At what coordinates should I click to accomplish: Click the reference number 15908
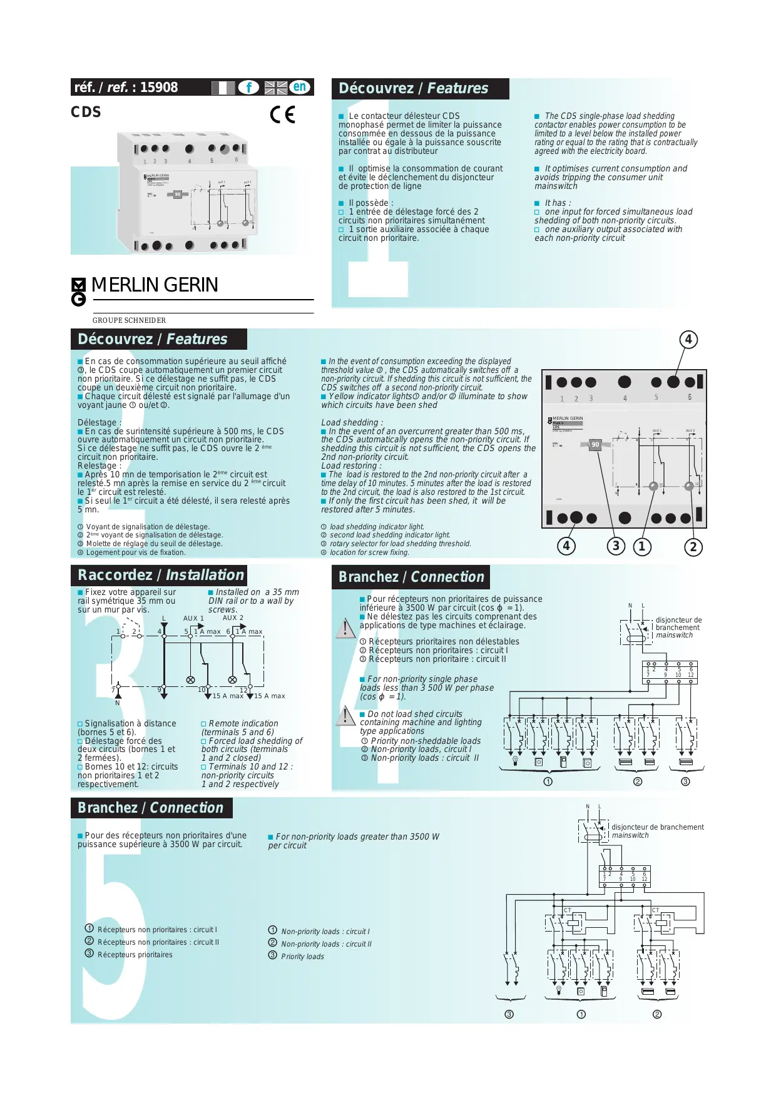(x=159, y=88)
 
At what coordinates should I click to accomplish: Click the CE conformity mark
(x=282, y=114)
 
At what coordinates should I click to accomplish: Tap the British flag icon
(x=275, y=88)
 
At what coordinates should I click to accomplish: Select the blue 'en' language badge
(x=300, y=87)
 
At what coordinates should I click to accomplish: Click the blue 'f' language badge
(x=248, y=88)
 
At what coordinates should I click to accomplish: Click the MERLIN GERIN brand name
(x=155, y=285)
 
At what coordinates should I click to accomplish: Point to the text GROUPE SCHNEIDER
(x=130, y=320)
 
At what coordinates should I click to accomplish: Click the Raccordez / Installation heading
(x=160, y=575)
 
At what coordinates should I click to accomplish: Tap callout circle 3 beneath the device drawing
(x=616, y=546)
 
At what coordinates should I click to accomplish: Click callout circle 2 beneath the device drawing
(x=693, y=547)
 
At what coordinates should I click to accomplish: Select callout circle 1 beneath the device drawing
(x=641, y=546)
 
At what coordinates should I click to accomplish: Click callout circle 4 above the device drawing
(x=688, y=340)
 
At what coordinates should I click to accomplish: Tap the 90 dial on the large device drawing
(x=595, y=445)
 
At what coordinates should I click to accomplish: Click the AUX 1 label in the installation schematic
(x=193, y=618)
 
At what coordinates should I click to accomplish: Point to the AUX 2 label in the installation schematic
(x=233, y=618)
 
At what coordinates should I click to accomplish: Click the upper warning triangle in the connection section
(x=345, y=628)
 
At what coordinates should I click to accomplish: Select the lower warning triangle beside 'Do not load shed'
(x=345, y=716)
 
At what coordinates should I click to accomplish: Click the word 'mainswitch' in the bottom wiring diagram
(x=630, y=835)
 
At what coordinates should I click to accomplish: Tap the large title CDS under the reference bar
(x=86, y=112)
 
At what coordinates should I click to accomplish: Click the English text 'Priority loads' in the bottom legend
(x=302, y=957)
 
